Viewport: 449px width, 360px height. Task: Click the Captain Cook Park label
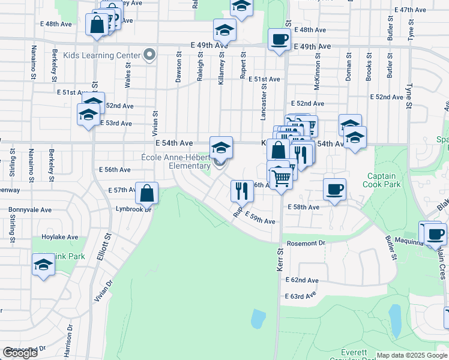tap(379, 181)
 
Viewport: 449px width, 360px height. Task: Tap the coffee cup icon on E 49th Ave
tap(279, 40)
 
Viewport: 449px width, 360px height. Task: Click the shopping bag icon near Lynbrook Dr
tap(147, 193)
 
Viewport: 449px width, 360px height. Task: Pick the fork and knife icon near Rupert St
tap(242, 191)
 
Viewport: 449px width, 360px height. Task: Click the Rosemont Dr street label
tap(306, 243)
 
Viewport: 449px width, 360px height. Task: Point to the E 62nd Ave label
tap(302, 280)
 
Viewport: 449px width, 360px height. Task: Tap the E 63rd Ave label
tap(301, 295)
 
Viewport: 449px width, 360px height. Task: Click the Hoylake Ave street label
tap(60, 237)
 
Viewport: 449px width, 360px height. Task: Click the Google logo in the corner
tap(20, 353)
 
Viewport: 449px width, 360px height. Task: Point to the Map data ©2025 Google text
tap(412, 355)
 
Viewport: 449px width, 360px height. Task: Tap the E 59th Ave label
tap(259, 221)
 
